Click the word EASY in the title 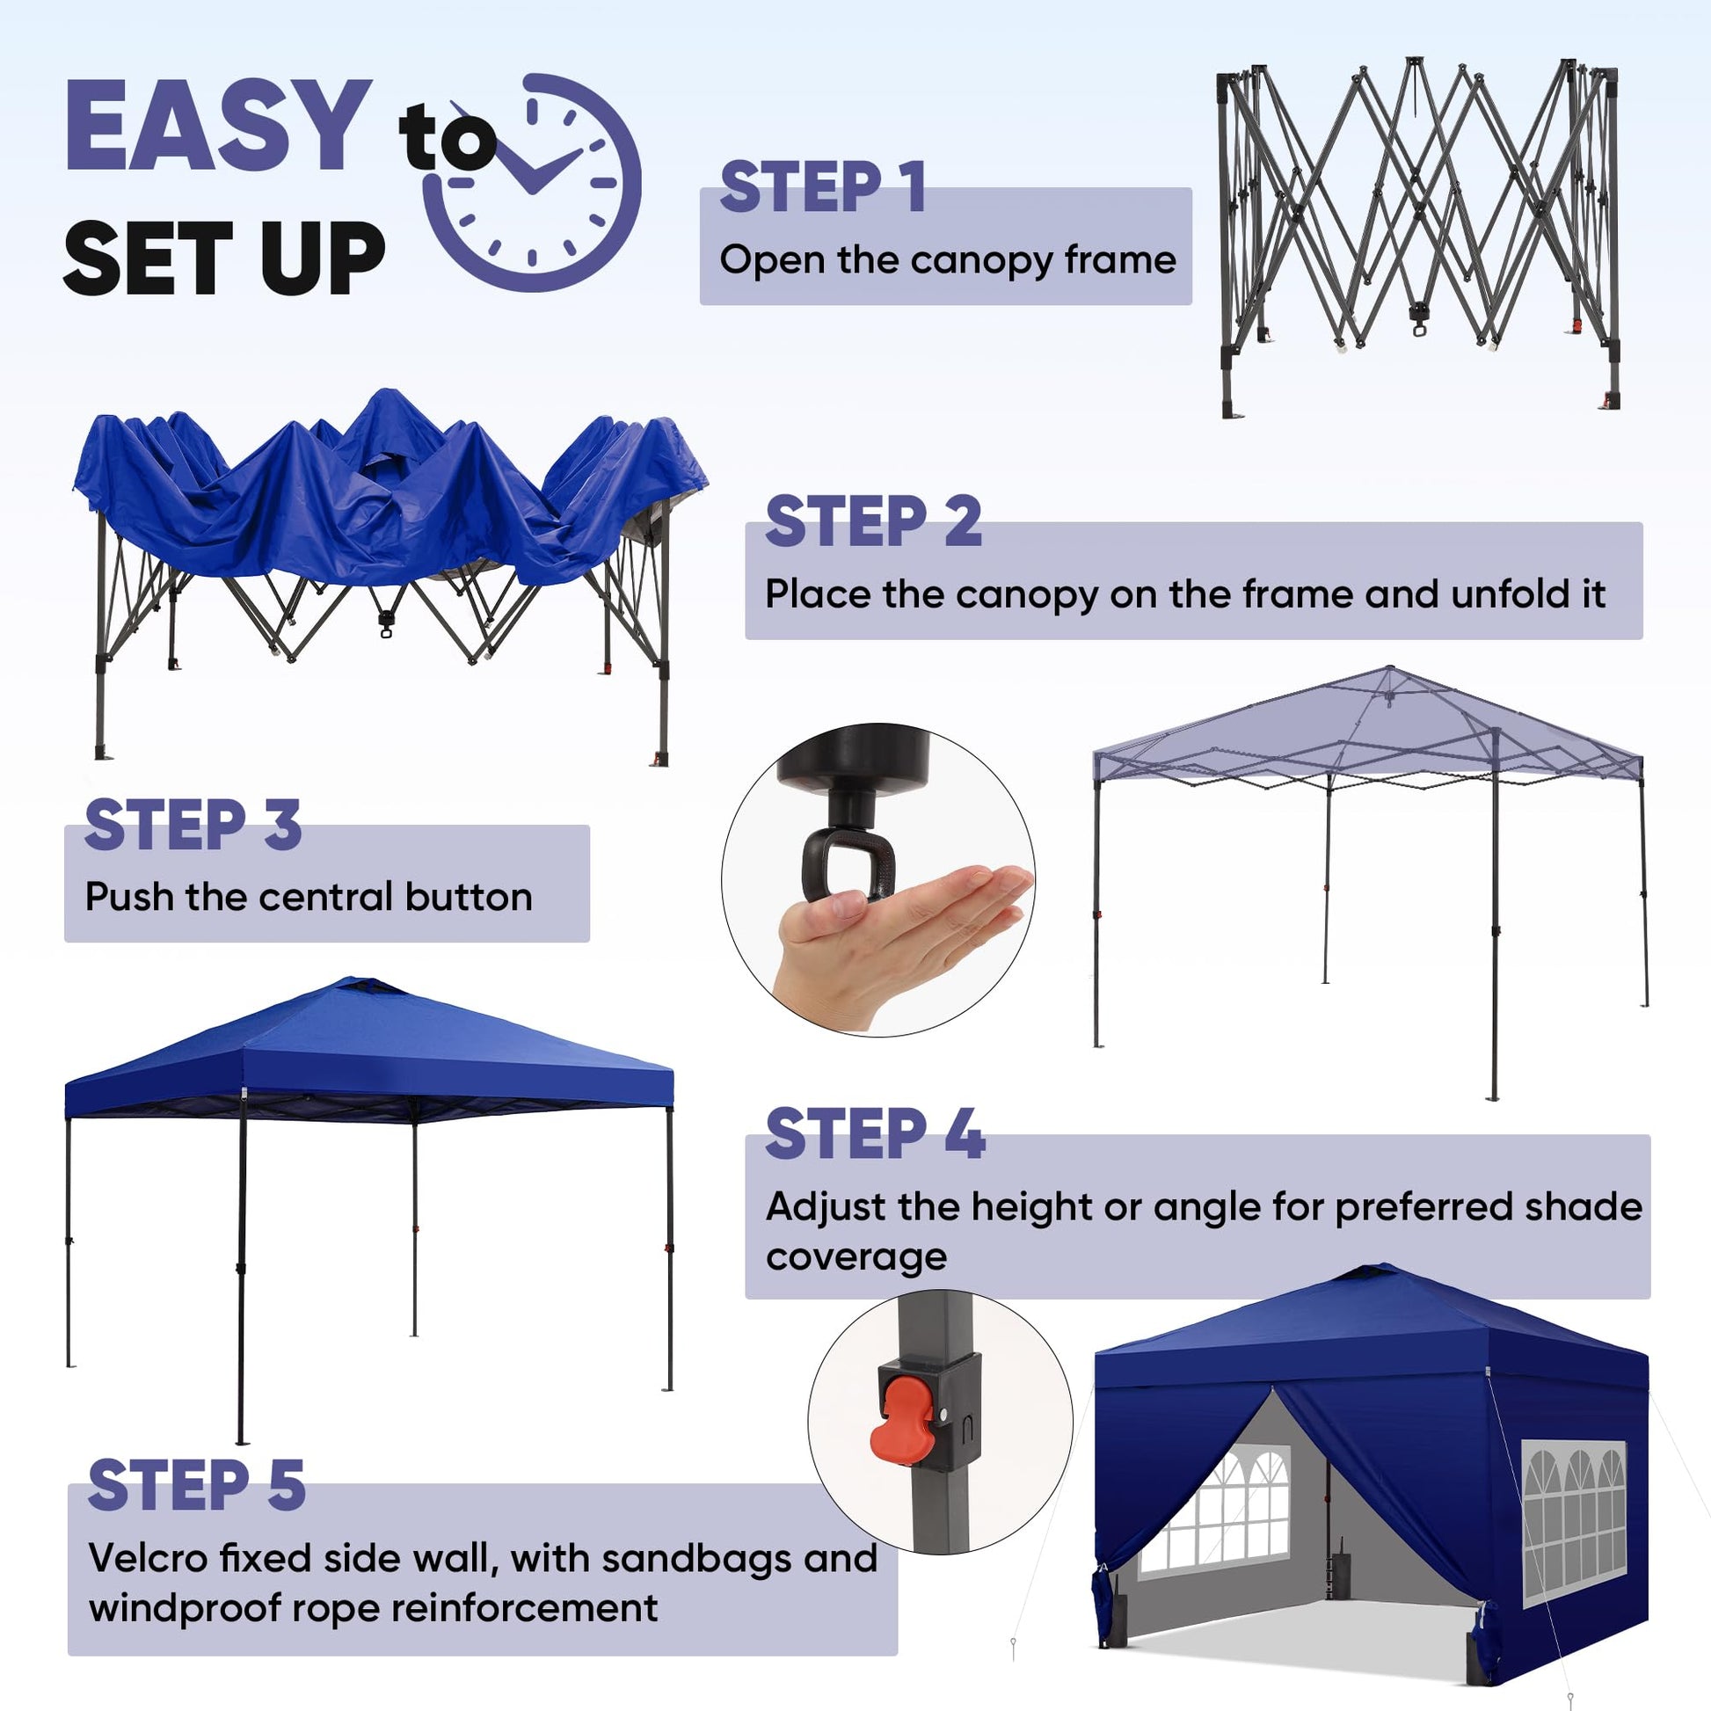point(218,126)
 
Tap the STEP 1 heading point(823,187)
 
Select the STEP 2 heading point(873,521)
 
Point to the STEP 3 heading point(193,824)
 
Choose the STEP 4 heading point(875,1133)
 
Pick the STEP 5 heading point(197,1485)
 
